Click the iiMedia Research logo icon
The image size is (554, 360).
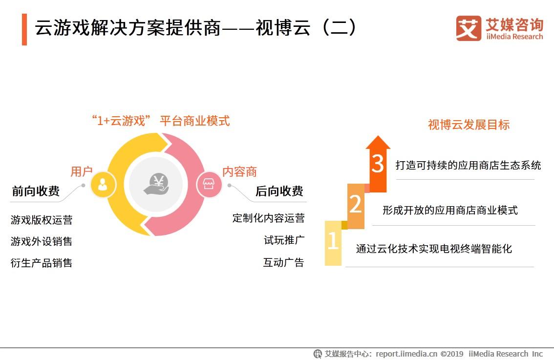469,28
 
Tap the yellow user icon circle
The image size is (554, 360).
103,185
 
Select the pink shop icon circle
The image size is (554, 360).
209,185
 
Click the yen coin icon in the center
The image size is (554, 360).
156,185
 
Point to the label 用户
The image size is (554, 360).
82,171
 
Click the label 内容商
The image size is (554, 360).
239,171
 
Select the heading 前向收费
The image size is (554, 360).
36,191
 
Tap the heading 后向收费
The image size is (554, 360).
279,191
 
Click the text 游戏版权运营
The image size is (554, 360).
42,220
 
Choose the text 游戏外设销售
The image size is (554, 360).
42,241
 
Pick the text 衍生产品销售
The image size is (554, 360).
42,263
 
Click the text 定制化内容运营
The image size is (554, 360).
268,218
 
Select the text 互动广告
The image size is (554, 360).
283,262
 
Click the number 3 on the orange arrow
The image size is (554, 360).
378,164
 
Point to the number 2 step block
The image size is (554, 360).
356,205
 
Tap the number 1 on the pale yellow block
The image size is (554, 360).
333,241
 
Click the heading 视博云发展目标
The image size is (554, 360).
469,125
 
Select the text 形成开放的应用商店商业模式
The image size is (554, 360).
450,211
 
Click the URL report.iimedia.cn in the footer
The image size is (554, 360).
406,354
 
